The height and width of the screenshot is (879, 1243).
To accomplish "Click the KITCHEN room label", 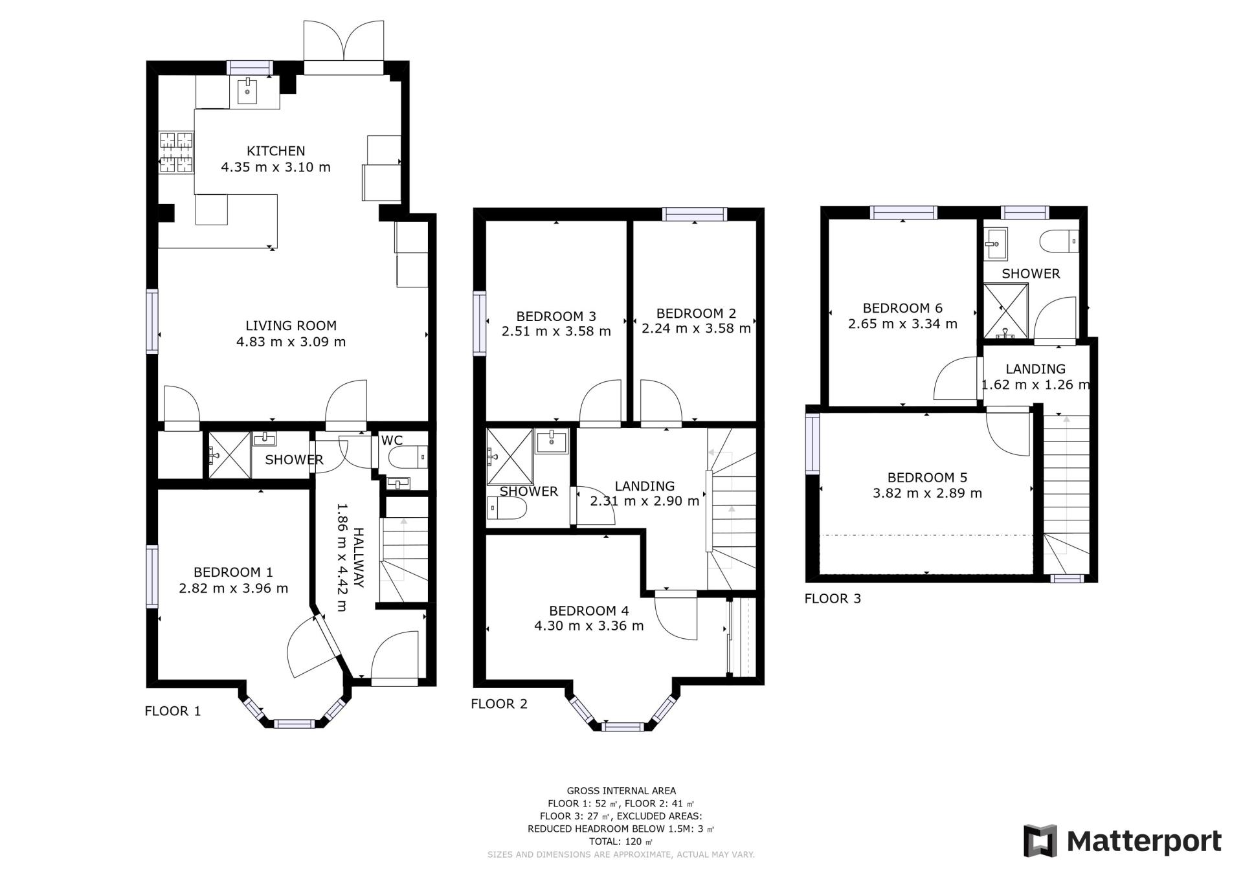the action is click(276, 151).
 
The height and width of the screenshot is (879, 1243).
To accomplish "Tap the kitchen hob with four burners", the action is click(177, 153).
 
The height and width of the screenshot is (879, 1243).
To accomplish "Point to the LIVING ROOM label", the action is click(291, 326).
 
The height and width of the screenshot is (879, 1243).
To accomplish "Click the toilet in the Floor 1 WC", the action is click(408, 457).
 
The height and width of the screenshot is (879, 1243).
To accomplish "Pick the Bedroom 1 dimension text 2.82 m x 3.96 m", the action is click(234, 588).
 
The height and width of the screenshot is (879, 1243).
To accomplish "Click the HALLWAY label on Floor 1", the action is click(358, 558).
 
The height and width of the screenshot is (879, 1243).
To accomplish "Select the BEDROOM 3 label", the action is click(556, 316).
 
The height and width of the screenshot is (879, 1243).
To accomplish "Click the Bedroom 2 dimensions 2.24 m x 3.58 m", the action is click(697, 328).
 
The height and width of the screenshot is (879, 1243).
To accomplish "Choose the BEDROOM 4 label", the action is click(589, 610).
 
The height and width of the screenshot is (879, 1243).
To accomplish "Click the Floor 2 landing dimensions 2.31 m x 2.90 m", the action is click(645, 501).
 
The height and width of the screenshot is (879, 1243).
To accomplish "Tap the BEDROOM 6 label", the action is click(902, 307).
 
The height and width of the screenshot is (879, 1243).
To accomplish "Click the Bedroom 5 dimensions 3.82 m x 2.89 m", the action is click(928, 493).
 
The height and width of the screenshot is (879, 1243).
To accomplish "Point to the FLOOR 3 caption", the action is click(833, 598).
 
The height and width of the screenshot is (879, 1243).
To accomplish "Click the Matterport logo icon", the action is click(1040, 841).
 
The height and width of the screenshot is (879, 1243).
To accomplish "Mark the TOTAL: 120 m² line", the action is click(621, 841).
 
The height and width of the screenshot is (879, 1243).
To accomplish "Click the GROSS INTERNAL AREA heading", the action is click(621, 790).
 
